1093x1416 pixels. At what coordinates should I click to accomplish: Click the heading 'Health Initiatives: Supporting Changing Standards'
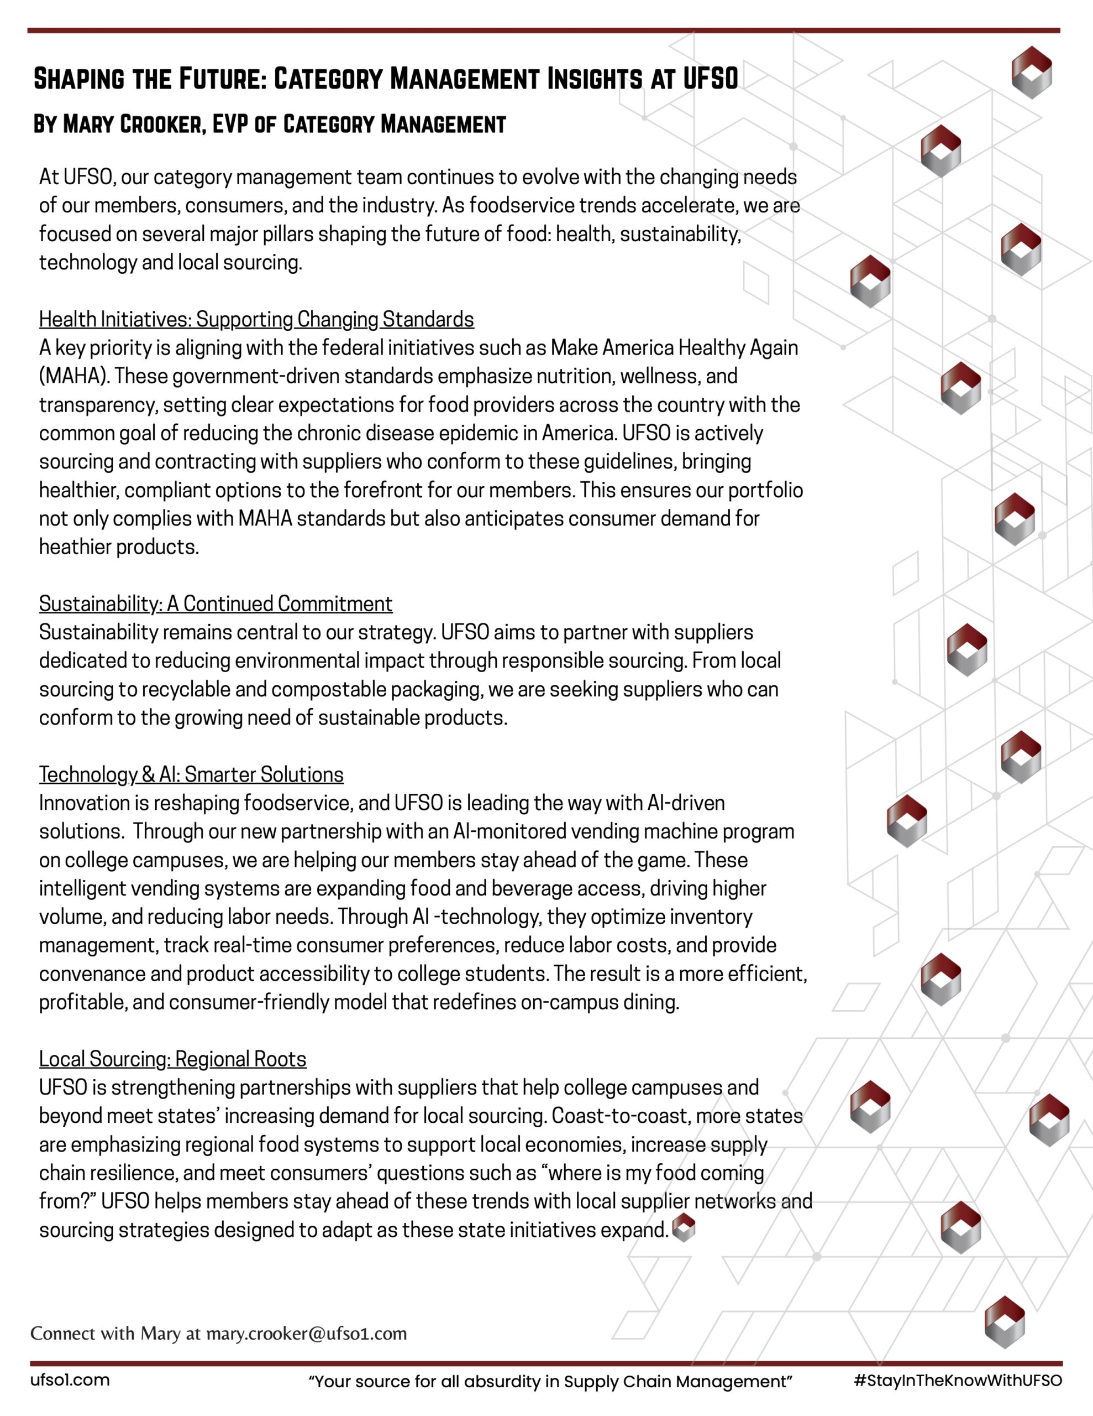[x=256, y=320]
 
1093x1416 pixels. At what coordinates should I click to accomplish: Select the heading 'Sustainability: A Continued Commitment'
[x=215, y=603]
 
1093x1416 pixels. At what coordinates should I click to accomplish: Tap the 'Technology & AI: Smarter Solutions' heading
[x=191, y=774]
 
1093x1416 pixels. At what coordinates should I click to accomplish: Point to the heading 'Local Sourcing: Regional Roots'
[x=172, y=1059]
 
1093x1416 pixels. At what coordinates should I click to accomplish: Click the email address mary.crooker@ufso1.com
[x=307, y=1333]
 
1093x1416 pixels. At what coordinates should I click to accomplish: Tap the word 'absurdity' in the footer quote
[x=492, y=1381]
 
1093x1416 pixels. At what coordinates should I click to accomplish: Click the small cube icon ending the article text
[x=684, y=1228]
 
